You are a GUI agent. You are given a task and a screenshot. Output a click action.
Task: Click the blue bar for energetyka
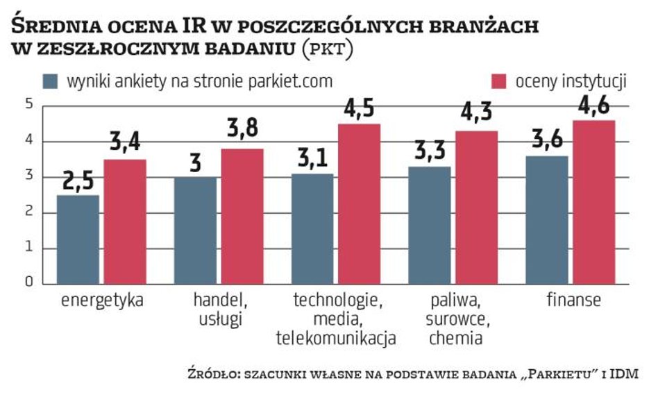[x=77, y=239]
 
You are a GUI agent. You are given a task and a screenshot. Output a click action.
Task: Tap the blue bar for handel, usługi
[x=195, y=230]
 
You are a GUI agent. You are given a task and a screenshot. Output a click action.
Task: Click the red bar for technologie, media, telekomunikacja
[x=360, y=203]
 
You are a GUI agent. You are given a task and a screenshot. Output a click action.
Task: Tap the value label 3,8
[x=243, y=135]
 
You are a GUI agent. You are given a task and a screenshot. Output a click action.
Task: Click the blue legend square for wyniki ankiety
[x=51, y=81]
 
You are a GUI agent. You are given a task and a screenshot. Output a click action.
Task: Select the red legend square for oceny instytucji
[x=500, y=81]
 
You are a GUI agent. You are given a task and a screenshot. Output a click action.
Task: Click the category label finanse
[x=573, y=301]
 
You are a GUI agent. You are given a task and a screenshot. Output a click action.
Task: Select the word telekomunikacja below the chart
[x=336, y=339]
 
